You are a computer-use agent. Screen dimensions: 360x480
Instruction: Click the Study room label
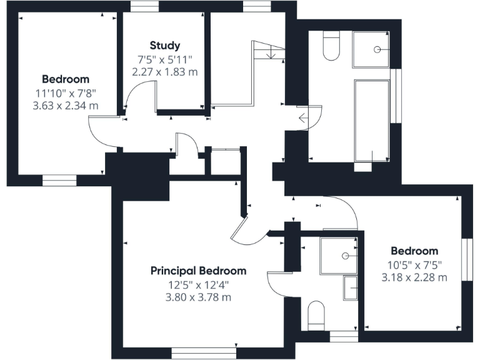pyautogui.click(x=165, y=45)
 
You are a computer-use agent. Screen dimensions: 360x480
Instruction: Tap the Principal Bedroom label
pyautogui.click(x=198, y=271)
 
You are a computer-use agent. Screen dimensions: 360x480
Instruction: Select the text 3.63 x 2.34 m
pyautogui.click(x=66, y=106)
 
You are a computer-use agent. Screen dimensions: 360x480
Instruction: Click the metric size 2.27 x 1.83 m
pyautogui.click(x=165, y=72)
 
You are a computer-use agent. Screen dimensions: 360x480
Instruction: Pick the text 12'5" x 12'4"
pyautogui.click(x=198, y=285)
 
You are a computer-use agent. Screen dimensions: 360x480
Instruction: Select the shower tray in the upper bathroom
pyautogui.click(x=372, y=49)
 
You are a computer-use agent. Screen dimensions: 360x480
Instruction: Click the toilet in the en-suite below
pyautogui.click(x=317, y=315)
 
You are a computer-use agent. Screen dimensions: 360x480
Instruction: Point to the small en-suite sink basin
pyautogui.click(x=351, y=288)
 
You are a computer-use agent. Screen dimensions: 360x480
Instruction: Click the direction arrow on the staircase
pyautogui.click(x=270, y=55)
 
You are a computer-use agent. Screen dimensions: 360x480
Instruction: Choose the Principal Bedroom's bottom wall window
pyautogui.click(x=204, y=353)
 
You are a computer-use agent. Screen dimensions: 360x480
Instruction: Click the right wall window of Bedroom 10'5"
pyautogui.click(x=466, y=260)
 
